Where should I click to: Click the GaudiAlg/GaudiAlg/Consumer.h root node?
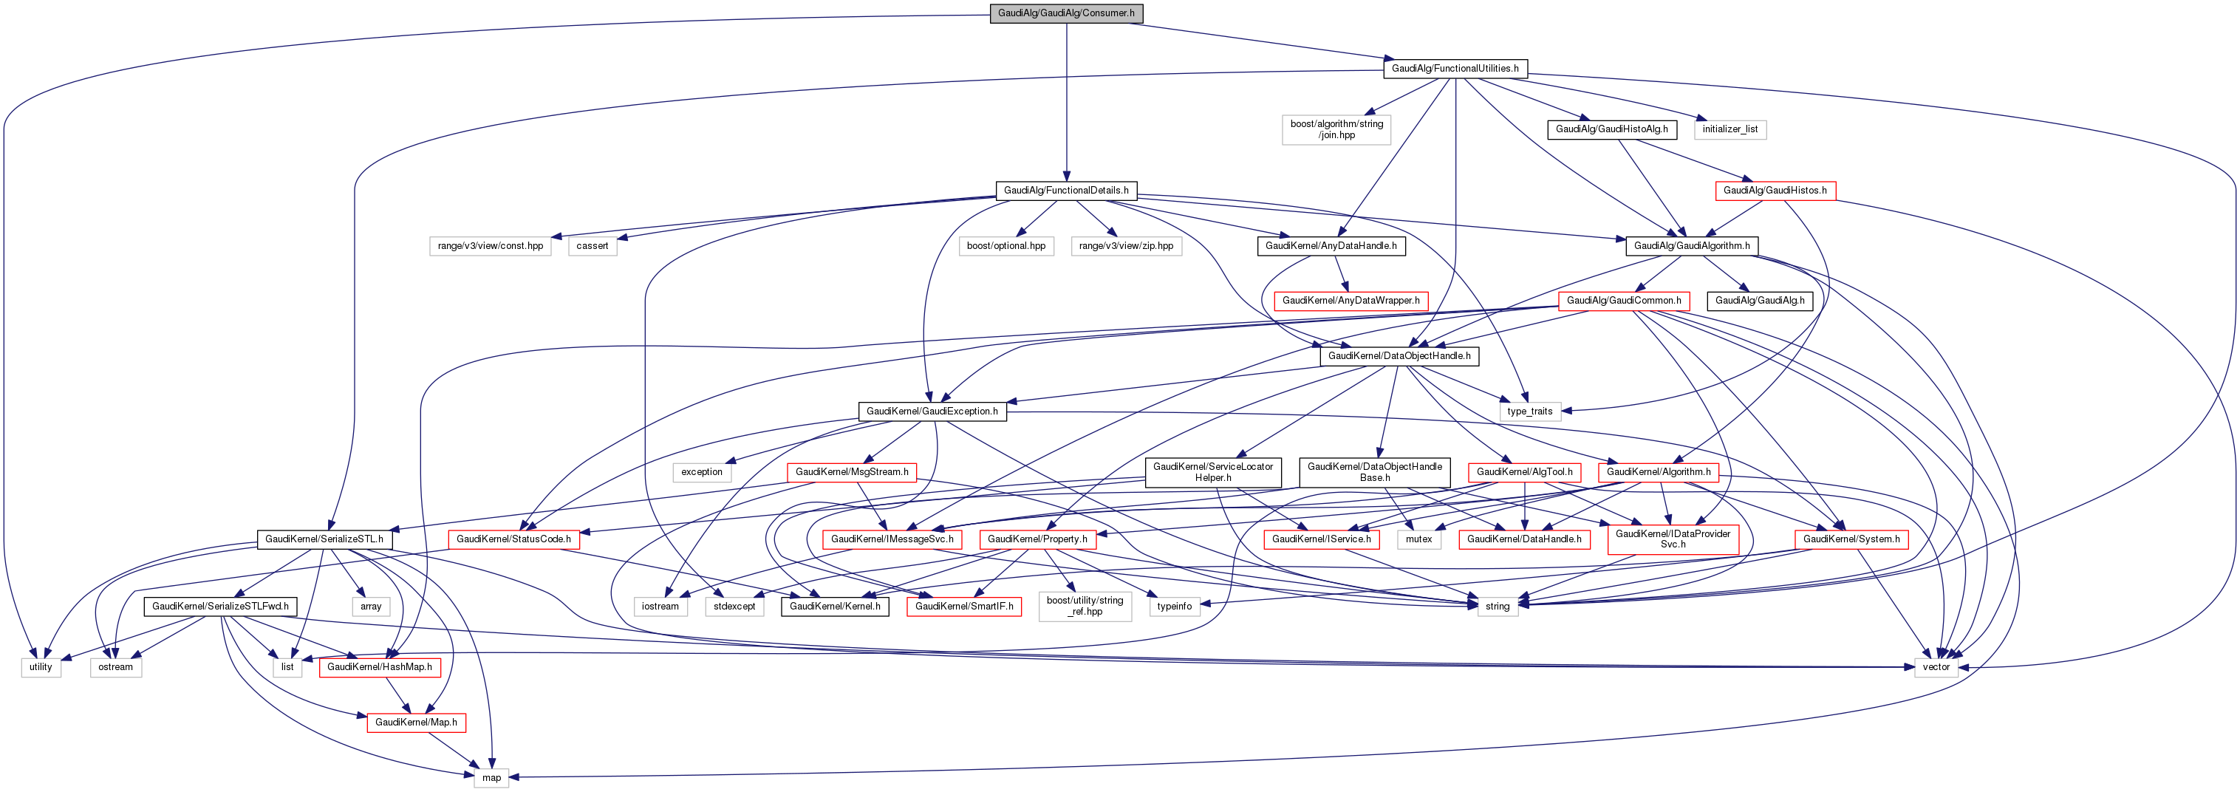[x=1065, y=13]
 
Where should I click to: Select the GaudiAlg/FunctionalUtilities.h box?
[x=1455, y=69]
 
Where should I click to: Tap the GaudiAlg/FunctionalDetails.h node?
[x=1066, y=191]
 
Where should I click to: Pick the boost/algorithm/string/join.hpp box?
[x=1336, y=129]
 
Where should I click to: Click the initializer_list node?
[x=1729, y=129]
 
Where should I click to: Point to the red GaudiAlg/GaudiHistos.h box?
[x=1775, y=191]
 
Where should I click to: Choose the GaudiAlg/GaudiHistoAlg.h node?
[x=1611, y=129]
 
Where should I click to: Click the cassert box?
[x=593, y=246]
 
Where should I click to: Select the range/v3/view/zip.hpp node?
[x=1126, y=246]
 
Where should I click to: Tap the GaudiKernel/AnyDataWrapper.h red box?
[x=1351, y=301]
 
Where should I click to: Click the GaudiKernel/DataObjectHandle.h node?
[x=1399, y=356]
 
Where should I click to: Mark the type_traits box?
[x=1529, y=412]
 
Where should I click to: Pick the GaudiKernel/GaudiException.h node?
[x=932, y=412]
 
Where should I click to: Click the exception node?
[x=702, y=472]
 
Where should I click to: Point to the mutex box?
[x=1418, y=539]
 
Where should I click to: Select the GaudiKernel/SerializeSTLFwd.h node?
[x=220, y=607]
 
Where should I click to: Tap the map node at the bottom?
[x=491, y=778]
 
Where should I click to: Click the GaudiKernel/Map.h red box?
[x=416, y=723]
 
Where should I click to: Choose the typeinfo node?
[x=1174, y=607]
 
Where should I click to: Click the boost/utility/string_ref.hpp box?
[x=1085, y=606]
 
